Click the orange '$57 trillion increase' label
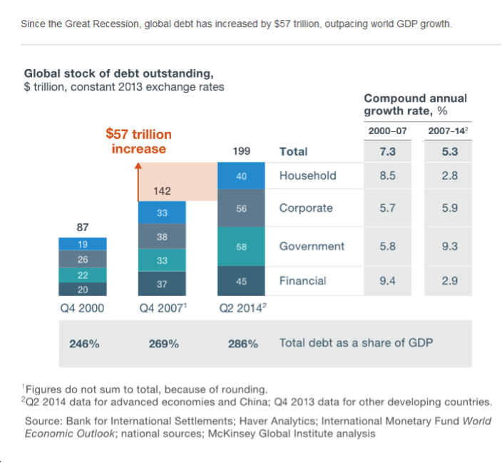point(138,141)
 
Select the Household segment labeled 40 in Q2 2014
point(241,176)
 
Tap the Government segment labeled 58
point(241,246)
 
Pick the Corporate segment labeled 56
point(241,208)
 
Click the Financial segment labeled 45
point(241,281)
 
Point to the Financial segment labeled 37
point(162,283)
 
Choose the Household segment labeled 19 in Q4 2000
point(83,244)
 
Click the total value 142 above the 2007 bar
point(162,191)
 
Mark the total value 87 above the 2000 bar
point(83,228)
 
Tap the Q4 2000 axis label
point(83,309)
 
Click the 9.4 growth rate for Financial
point(387,281)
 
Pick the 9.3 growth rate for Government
point(449,246)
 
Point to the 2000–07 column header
point(387,131)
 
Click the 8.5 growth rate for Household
point(387,176)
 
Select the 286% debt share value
point(242,344)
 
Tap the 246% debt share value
point(84,344)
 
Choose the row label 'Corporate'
point(306,208)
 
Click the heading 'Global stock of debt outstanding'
point(118,73)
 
